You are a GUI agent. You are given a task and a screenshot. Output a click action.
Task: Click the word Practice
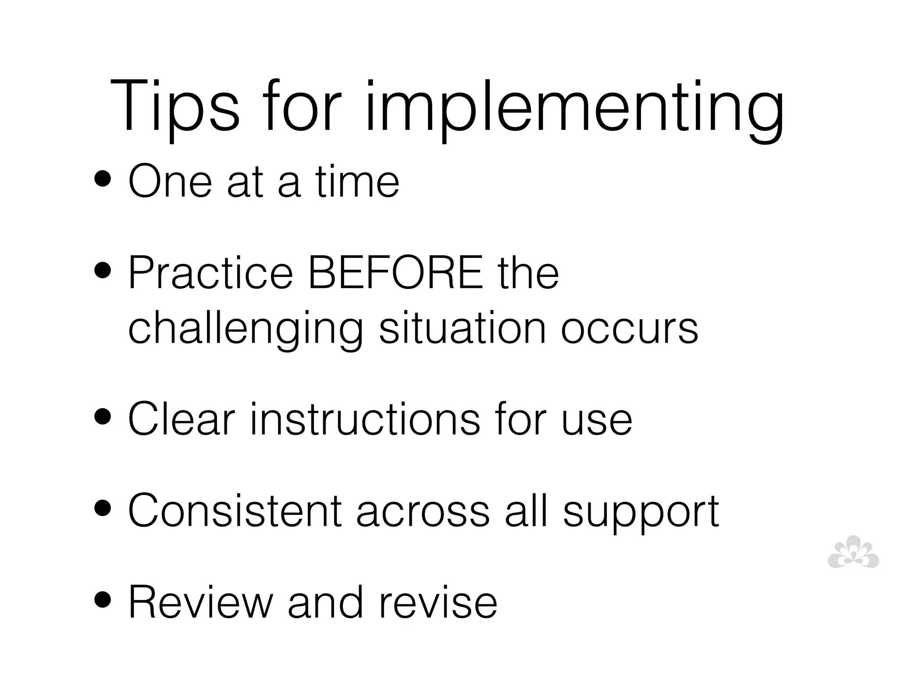(210, 273)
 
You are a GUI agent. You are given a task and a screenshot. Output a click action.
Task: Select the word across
(423, 512)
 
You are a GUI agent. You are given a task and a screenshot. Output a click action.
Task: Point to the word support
(641, 513)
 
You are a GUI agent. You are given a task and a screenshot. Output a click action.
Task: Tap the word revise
(438, 602)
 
